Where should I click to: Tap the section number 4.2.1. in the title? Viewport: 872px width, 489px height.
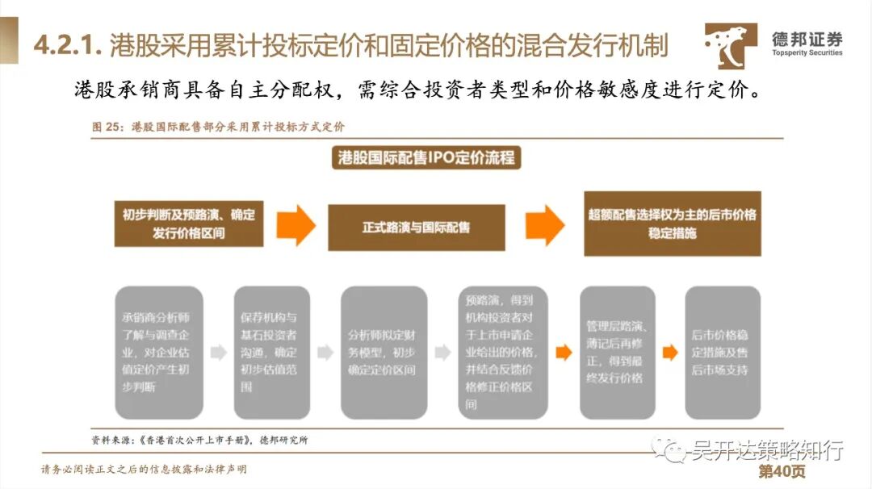point(66,45)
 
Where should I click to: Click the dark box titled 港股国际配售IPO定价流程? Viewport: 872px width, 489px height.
point(426,157)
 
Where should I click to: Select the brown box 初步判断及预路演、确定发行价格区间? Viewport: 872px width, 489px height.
point(188,224)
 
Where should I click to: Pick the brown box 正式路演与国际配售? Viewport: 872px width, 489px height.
point(416,227)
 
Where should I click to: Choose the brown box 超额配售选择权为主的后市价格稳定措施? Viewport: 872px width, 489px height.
point(672,224)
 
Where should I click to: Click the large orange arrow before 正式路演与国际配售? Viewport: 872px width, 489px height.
point(295,225)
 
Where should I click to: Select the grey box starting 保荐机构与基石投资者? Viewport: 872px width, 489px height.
point(271,352)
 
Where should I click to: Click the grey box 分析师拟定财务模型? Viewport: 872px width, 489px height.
point(384,352)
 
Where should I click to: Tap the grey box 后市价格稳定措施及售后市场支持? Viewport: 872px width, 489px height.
point(722,352)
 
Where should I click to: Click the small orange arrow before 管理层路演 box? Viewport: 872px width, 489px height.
point(563,352)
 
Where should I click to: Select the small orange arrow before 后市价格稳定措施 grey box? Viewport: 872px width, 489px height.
point(670,353)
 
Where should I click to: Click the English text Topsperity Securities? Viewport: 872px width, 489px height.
point(807,53)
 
